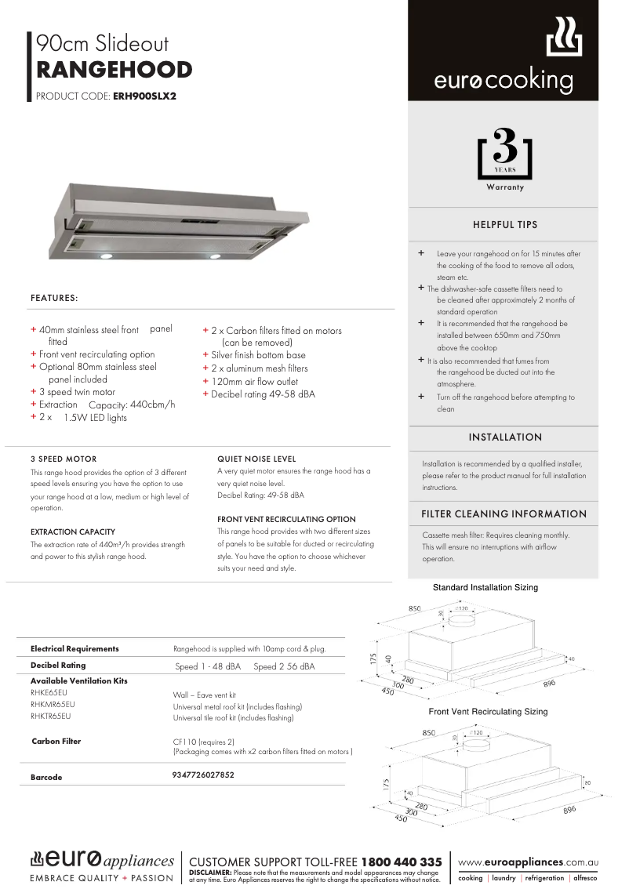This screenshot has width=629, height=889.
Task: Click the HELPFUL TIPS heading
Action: (505, 225)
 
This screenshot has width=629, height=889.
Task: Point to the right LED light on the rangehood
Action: (215, 256)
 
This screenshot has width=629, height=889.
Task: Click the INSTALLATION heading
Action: (505, 437)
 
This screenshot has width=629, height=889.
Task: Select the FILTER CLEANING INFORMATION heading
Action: (504, 514)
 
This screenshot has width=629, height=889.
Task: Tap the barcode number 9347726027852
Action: (202, 775)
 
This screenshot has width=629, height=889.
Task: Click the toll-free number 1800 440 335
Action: (402, 862)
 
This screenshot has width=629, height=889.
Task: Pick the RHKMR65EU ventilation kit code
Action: (53, 705)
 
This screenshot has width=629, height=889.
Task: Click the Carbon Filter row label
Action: (56, 742)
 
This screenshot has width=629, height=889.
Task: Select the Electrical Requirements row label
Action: (75, 649)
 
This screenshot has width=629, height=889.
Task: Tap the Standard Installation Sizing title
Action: (485, 587)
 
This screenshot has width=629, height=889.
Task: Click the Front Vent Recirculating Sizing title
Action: (488, 712)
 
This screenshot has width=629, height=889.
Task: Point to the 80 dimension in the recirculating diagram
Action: (587, 783)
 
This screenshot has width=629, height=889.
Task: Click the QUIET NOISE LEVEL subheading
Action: (256, 459)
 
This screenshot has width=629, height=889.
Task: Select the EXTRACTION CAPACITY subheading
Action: (73, 532)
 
